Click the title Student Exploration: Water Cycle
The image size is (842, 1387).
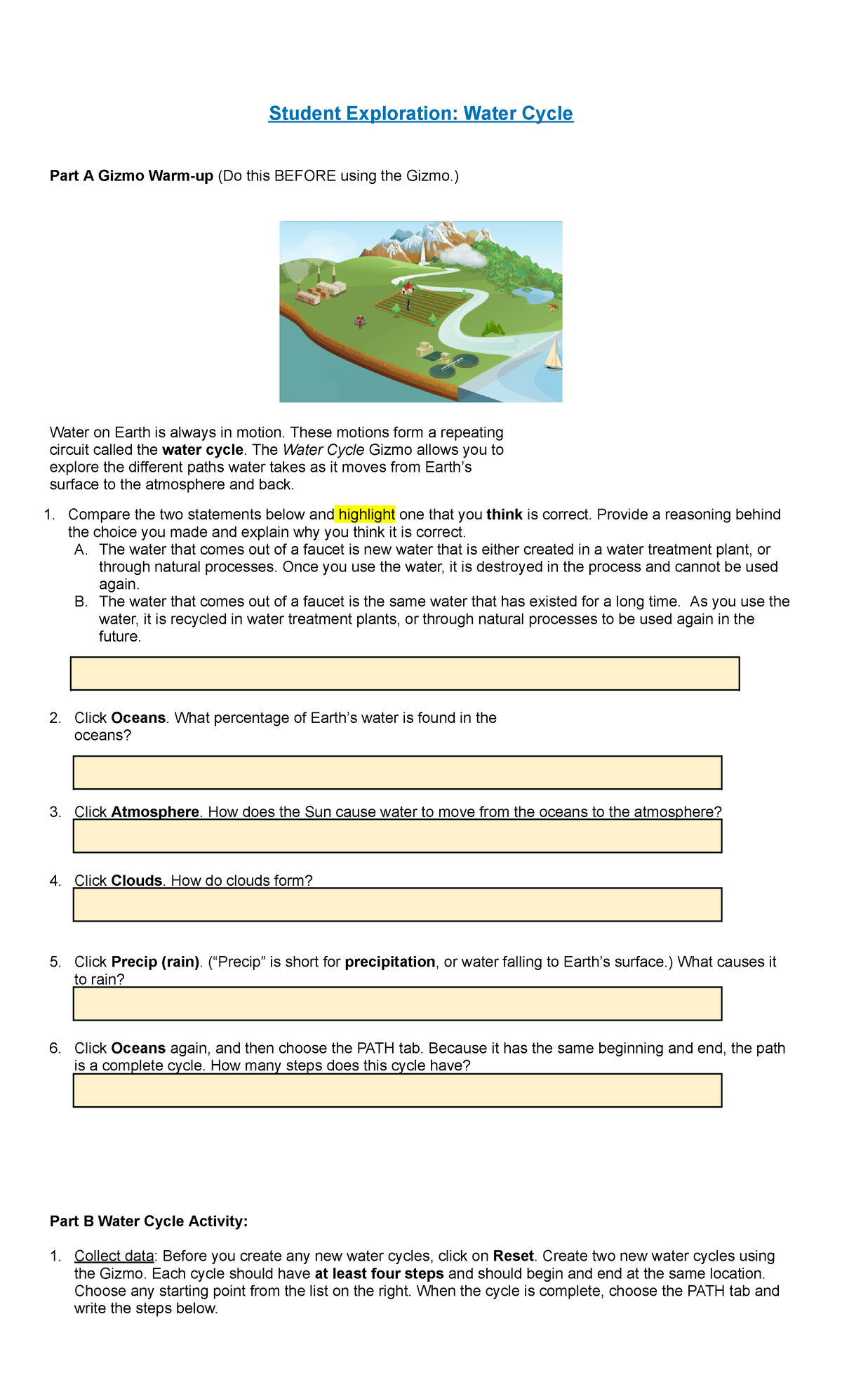(x=420, y=114)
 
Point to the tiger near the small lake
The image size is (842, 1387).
(x=553, y=307)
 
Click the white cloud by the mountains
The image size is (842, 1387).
(x=460, y=255)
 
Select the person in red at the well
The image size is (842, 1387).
(x=361, y=321)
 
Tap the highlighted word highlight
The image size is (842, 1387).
(x=366, y=515)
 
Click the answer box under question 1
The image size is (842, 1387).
(x=405, y=674)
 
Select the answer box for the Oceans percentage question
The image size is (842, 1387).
(x=397, y=773)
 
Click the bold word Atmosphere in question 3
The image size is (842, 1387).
(x=155, y=812)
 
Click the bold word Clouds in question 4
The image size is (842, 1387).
(x=137, y=881)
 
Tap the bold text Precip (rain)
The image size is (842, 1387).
(x=156, y=962)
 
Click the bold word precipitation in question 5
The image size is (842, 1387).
(x=390, y=962)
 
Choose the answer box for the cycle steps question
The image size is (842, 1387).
(x=397, y=1091)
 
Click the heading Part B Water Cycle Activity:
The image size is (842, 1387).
(x=149, y=1222)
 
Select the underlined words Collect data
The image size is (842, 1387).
(x=114, y=1256)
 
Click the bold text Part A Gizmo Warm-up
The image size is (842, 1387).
(x=131, y=176)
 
